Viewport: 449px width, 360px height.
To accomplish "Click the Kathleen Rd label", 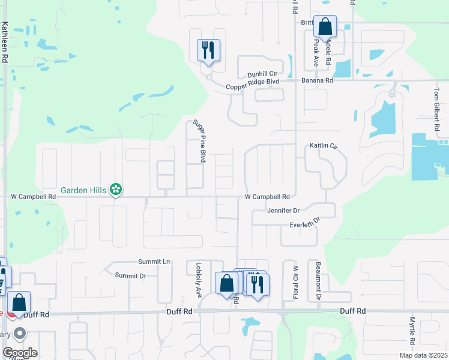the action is coord(5,43).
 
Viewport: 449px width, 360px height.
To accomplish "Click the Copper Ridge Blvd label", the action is coord(253,87).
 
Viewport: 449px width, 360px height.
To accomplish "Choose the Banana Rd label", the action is coord(321,80).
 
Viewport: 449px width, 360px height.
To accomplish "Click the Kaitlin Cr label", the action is coord(324,146).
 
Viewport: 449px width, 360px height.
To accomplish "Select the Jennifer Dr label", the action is coord(283,211).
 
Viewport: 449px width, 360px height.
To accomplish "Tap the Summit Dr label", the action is coord(131,275).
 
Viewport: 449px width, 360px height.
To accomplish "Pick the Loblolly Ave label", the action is coord(198,280).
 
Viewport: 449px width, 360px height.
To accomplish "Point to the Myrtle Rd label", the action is coord(412,331).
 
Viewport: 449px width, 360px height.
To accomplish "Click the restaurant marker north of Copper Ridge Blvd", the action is coord(209,50).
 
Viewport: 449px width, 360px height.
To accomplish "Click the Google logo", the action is coord(19,353).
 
